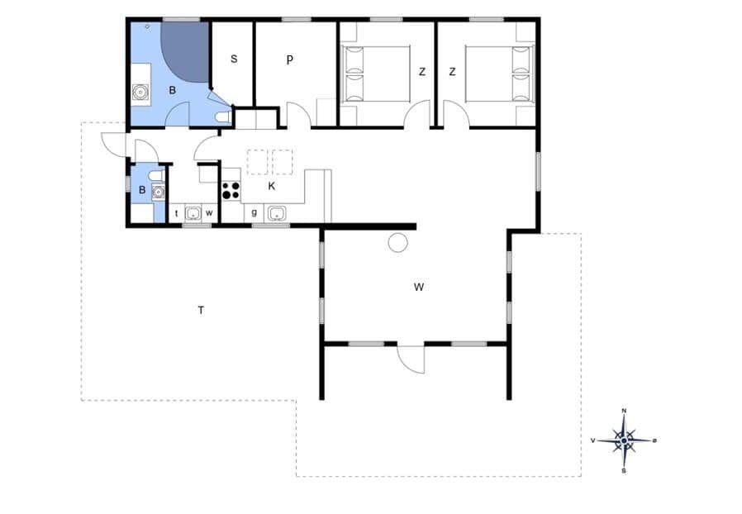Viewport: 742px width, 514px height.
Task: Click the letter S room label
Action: click(x=234, y=59)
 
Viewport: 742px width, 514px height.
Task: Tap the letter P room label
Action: click(x=289, y=59)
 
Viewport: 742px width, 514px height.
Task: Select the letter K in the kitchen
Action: click(x=272, y=186)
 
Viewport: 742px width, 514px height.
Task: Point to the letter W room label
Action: click(x=419, y=287)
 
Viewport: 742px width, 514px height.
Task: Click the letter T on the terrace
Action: click(x=201, y=311)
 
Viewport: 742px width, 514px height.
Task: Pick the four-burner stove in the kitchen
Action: click(x=231, y=190)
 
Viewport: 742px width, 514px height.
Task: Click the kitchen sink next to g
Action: click(x=276, y=213)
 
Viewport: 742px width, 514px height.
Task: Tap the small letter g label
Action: click(x=254, y=212)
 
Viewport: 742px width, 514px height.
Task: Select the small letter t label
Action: click(x=177, y=213)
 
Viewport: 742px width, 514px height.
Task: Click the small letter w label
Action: click(x=209, y=213)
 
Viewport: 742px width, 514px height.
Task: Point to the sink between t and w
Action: click(x=193, y=213)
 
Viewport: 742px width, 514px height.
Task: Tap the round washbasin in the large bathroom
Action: click(x=141, y=92)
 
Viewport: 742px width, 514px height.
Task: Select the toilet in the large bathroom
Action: click(x=222, y=117)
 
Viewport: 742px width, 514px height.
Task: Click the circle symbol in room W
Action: click(x=398, y=242)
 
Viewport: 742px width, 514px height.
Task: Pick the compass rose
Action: click(x=624, y=440)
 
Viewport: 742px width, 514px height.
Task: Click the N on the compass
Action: click(x=624, y=411)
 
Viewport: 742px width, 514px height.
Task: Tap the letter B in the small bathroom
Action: click(x=142, y=190)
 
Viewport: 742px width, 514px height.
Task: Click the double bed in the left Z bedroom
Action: click(x=375, y=74)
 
